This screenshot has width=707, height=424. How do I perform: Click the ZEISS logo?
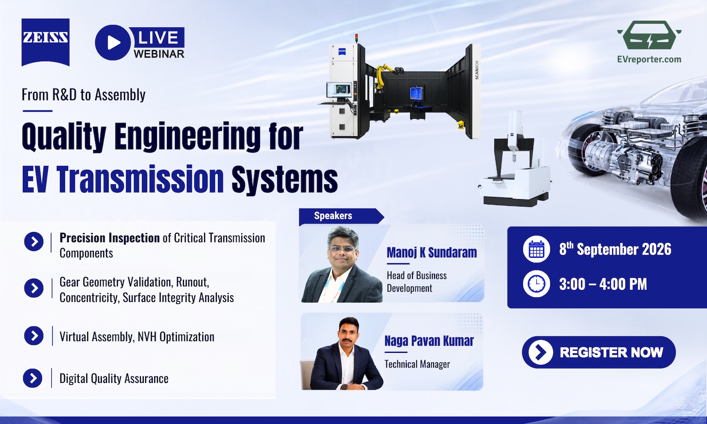45,42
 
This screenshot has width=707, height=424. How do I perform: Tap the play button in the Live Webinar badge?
113,42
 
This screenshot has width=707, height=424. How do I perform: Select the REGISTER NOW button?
599,352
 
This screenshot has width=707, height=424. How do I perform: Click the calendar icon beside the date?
536,249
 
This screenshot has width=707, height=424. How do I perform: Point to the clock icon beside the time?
536,284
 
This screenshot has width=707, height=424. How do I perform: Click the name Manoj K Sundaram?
432,253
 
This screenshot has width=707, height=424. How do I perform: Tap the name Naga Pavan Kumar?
429,341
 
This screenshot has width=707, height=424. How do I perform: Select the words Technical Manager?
417,364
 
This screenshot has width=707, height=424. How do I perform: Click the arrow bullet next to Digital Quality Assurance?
33,378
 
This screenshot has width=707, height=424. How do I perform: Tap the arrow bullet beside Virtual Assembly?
34,335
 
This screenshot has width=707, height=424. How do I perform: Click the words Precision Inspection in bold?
109,238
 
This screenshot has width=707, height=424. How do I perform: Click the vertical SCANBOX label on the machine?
477,70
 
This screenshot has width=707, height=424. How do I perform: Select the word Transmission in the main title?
141,179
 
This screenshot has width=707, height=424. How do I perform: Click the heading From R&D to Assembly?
83,94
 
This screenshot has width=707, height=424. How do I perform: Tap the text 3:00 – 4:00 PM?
603,284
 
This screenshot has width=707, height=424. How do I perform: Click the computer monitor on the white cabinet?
339,90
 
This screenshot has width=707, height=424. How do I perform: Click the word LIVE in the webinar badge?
158,37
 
